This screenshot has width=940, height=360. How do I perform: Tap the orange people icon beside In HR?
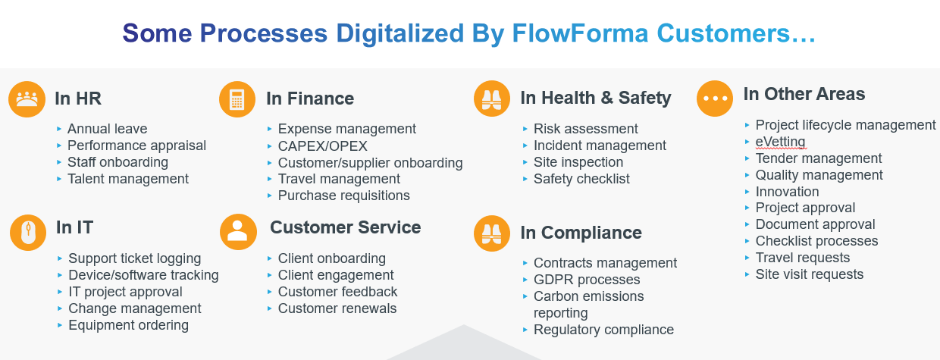27,99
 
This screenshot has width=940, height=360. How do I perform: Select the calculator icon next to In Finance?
237,99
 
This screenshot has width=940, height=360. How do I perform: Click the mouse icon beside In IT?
28,232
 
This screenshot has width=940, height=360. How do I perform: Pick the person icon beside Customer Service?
238,231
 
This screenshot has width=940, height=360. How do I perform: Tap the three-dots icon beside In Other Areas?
715,99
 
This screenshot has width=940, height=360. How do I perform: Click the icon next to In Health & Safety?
492,99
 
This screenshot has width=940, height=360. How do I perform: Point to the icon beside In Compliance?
492,233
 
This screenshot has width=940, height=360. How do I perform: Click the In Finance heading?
310,99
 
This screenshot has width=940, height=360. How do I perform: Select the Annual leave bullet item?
107,129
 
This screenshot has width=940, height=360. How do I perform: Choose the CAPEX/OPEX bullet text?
323,146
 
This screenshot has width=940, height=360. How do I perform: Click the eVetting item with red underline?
780,142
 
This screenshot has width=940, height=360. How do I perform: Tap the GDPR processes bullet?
587,280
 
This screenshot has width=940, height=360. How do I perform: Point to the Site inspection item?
578,162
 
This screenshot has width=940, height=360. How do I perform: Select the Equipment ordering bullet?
128,325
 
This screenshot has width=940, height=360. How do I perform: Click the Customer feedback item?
337,292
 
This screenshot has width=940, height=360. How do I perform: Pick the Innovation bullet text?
787,192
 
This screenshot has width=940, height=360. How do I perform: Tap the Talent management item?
127,179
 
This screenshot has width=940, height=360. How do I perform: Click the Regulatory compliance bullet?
603,330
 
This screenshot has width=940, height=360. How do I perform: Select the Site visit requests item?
809,274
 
